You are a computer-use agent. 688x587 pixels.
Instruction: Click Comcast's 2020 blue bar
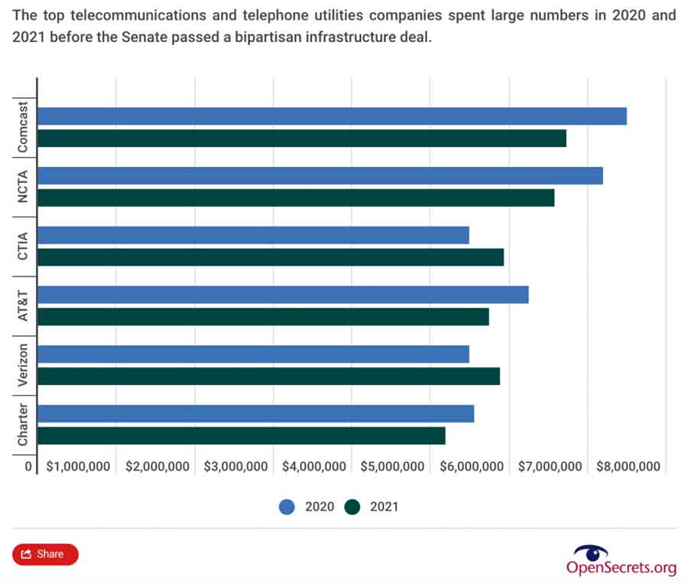pos(332,116)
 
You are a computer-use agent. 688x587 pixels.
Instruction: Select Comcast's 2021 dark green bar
pos(302,139)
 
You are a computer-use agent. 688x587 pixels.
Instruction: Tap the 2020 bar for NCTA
pos(320,175)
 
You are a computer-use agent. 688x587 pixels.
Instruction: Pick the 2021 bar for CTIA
pos(271,257)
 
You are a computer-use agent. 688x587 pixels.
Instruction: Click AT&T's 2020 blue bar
pos(283,295)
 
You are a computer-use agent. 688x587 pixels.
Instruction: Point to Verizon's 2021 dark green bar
pos(268,376)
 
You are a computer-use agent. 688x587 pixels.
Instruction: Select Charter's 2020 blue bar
pos(255,413)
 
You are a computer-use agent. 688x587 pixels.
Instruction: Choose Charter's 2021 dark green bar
pos(241,435)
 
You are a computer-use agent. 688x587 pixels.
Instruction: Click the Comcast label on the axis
pos(22,127)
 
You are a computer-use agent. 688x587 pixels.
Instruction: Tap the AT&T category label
pos(22,305)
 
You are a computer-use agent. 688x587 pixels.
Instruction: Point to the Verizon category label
pos(22,365)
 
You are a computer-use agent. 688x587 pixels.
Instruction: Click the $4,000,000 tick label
pos(314,467)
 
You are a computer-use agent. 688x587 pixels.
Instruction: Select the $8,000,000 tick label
pos(628,467)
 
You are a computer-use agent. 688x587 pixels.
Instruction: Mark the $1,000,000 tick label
pos(78,467)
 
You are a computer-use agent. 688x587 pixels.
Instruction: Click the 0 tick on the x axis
pos(28,467)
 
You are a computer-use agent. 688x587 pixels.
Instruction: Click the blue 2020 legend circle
pos(287,507)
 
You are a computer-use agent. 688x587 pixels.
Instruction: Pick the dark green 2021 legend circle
pos(352,507)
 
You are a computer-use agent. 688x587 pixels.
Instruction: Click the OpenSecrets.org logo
pos(621,559)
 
